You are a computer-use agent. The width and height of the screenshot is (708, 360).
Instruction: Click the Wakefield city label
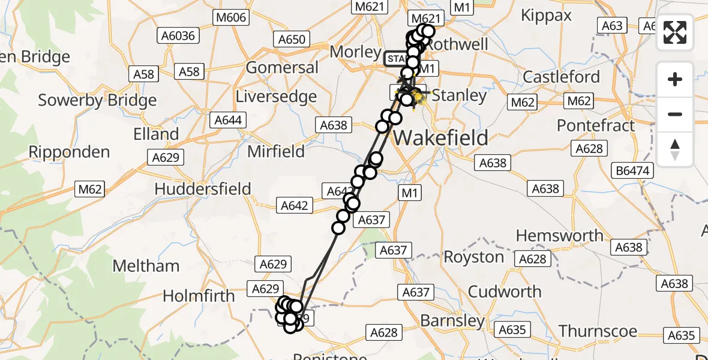point(440,138)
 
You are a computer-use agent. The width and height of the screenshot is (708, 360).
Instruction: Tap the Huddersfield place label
point(202,188)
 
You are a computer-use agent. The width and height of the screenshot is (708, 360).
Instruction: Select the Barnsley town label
point(452,320)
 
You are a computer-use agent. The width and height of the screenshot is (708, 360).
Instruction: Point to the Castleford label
point(561,77)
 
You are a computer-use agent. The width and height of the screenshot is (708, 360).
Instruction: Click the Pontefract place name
point(595,126)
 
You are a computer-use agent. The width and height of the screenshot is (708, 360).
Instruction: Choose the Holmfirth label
point(199,296)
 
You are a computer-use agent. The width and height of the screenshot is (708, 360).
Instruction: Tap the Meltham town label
point(146,266)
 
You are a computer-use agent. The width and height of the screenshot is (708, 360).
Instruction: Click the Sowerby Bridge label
point(97,100)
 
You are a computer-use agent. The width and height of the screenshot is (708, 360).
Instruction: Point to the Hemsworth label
point(559,235)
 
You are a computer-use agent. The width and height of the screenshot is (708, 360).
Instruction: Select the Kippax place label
point(547,16)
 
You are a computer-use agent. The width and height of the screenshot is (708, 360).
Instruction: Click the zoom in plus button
point(675,79)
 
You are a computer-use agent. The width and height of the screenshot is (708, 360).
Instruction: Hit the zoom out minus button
point(675,114)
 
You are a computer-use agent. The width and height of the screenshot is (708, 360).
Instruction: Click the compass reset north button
point(675,149)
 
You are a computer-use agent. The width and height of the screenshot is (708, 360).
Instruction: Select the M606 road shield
point(230,17)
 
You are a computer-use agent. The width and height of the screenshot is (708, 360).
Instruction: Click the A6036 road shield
point(178,36)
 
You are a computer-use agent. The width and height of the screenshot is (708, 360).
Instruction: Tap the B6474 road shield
point(632,171)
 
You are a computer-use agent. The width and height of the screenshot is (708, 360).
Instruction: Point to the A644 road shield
point(228,120)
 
